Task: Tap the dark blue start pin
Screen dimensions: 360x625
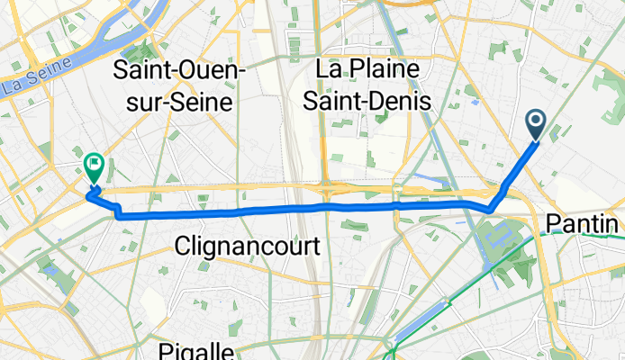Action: point(535,124)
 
